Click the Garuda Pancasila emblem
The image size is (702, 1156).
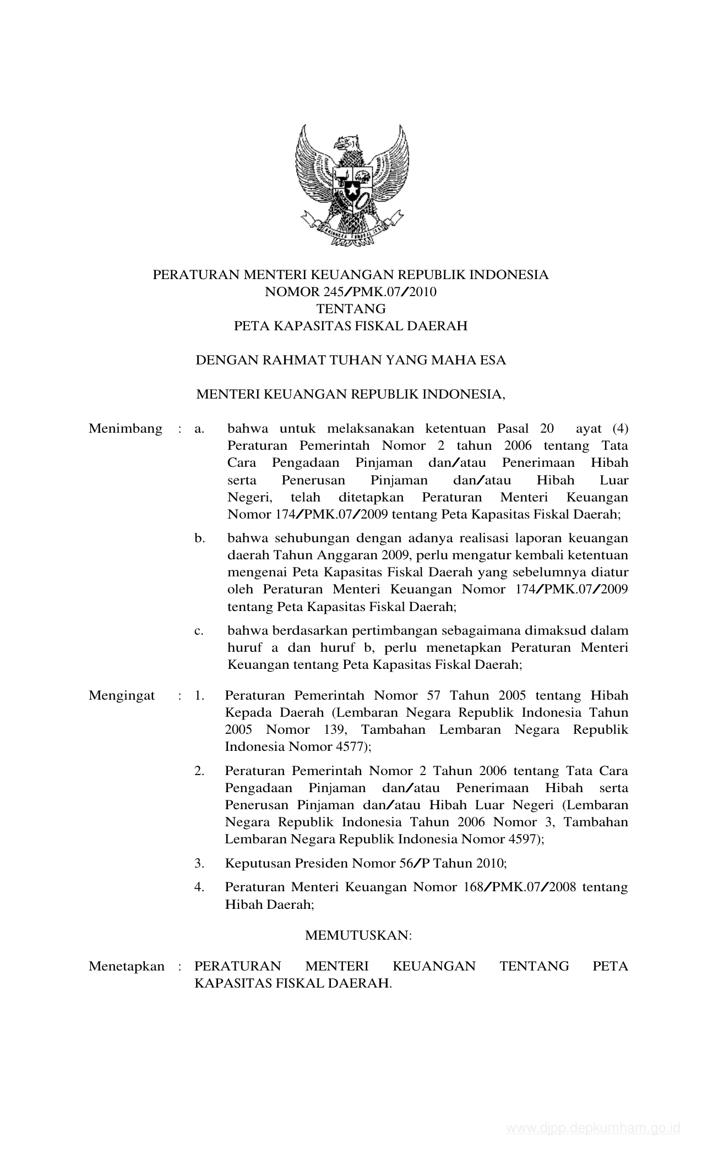point(352,185)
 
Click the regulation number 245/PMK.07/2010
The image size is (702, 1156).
point(374,292)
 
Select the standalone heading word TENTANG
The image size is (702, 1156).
point(351,309)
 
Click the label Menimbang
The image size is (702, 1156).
point(126,429)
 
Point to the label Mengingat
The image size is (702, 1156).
point(122,696)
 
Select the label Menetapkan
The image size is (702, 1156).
point(127,967)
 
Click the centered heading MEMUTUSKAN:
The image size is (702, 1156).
point(358,935)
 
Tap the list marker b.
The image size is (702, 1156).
point(199,538)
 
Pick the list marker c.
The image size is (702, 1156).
point(199,630)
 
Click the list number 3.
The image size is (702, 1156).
point(199,863)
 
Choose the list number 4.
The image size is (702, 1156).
point(199,887)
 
